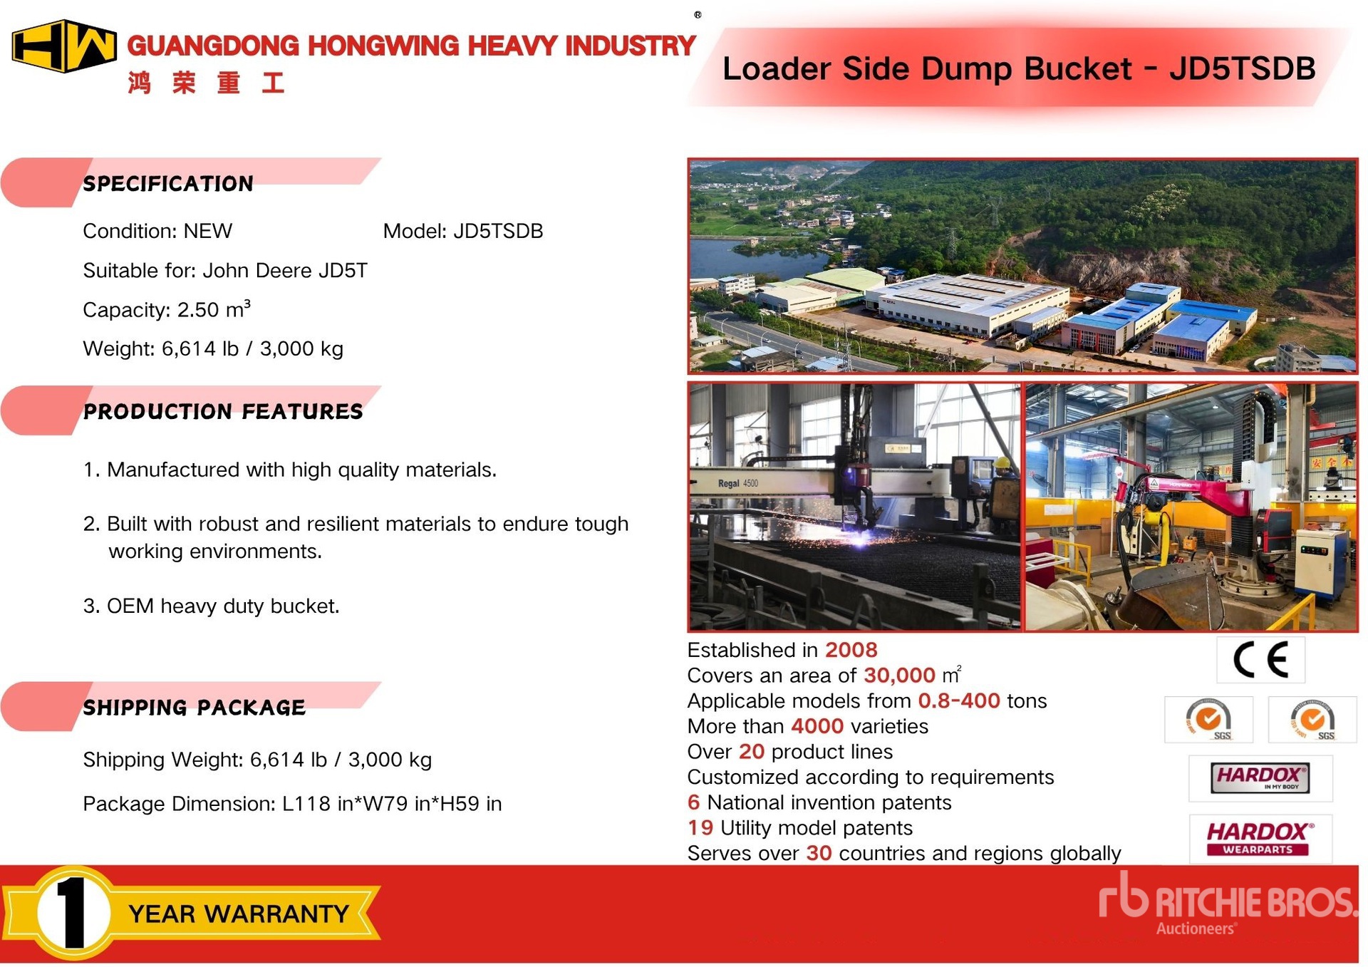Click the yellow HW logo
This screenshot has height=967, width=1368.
tap(64, 46)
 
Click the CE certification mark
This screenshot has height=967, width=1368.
tap(1260, 659)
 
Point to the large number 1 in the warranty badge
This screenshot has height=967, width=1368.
tap(72, 913)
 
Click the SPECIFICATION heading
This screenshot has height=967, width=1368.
tap(168, 184)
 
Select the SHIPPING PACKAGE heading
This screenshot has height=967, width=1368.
tap(195, 708)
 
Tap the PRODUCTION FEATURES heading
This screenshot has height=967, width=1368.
tap(223, 411)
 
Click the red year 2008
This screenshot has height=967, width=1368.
tap(851, 650)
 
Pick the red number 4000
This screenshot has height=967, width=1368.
tap(817, 726)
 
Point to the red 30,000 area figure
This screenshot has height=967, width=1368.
tap(899, 675)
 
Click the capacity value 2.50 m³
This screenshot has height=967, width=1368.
tap(214, 309)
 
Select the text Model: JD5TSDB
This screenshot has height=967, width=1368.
tap(463, 231)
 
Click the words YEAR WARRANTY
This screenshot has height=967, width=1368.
tap(239, 914)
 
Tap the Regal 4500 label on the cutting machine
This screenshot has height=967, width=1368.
tap(738, 483)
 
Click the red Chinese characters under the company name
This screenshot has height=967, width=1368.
tap(207, 83)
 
